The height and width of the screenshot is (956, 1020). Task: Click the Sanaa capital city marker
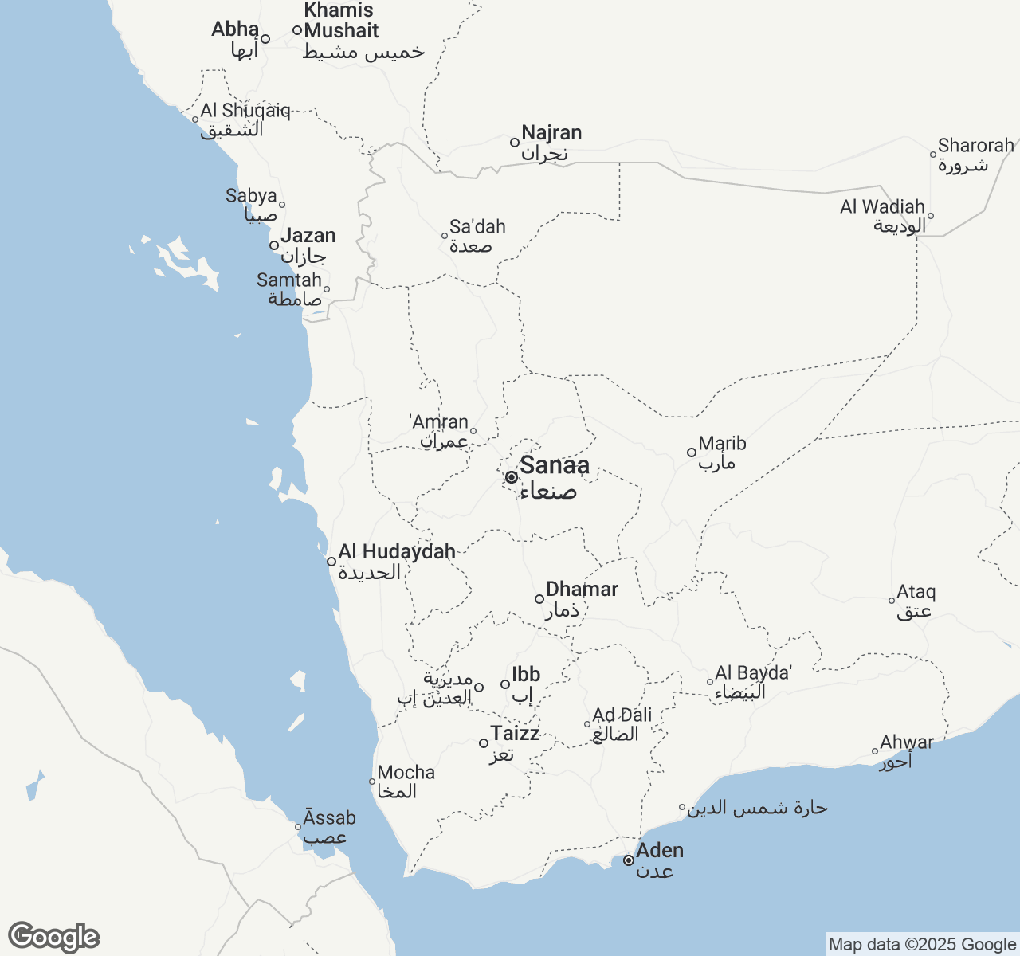tap(512, 477)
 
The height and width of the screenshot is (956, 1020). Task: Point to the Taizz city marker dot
tap(484, 743)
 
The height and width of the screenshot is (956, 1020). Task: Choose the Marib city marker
tap(692, 453)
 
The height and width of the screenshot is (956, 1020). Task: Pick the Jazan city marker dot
tap(274, 245)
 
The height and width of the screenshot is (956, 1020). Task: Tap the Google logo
tap(53, 937)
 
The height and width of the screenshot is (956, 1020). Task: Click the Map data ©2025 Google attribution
tap(922, 945)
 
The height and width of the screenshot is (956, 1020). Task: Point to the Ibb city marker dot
tap(505, 684)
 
